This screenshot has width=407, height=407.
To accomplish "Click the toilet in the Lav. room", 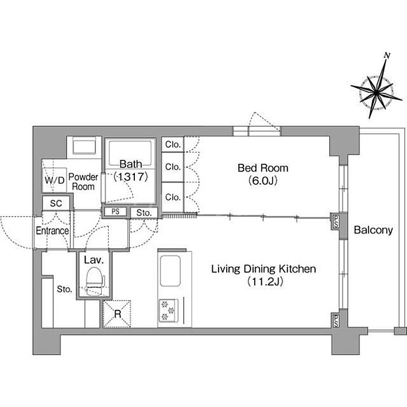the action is coord(95,281).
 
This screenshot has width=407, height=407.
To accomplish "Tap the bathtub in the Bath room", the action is coord(130,153).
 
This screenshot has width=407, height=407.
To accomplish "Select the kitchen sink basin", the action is coord(170,271).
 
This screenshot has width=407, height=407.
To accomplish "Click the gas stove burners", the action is coord(168,310).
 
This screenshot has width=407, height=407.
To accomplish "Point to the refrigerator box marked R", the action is coord(117,314).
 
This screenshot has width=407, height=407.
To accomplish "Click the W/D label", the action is coord(55,180).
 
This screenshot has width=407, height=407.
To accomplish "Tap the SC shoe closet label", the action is coord(56,203).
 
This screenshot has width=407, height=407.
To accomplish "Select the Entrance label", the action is coord(52,230).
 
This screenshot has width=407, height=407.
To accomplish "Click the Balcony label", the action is coord(373,230).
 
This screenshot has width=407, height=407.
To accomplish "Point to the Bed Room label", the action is coord(263,168).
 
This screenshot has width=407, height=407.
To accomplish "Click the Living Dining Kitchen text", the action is coord(263,269).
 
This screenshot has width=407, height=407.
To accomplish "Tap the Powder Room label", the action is coord(83,181).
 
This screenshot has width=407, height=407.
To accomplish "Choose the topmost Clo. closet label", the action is coord(173,144).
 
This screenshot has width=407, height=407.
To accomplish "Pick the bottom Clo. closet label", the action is coord(173,197).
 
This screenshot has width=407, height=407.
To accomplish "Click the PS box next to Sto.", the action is coord(116,212).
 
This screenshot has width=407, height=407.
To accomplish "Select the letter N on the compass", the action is coord(387,55).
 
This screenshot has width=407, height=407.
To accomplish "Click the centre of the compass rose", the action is coord(376,92).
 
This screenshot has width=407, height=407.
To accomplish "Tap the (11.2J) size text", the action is coord(265,281).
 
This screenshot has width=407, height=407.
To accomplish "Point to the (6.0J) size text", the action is coord(263,181).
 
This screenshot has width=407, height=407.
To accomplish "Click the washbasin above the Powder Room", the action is coord(84,147).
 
